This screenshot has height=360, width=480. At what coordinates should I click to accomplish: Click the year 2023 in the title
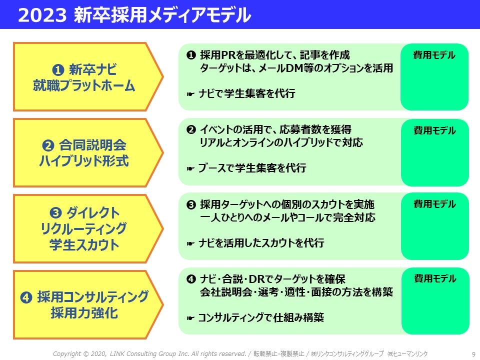42,15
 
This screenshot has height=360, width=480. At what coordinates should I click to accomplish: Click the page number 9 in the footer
473,354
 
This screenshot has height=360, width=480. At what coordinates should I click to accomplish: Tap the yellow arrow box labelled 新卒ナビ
88,77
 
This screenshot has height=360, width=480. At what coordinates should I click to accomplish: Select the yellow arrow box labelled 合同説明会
88,153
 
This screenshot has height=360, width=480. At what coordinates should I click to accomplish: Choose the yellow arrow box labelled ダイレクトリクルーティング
88,228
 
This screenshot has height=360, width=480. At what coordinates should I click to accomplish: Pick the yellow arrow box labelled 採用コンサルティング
88,304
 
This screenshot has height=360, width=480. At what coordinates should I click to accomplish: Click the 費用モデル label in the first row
434,55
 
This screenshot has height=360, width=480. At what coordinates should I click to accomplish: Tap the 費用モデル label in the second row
434,130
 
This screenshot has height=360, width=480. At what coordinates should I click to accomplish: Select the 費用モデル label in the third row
434,204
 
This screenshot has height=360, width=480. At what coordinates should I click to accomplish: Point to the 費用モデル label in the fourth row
434,278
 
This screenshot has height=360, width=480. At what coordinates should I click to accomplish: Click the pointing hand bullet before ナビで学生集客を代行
190,94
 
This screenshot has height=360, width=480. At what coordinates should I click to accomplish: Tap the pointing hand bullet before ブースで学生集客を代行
190,168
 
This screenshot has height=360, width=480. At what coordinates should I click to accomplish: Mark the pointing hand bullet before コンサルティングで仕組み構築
190,318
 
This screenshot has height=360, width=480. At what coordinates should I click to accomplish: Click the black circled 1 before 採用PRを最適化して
191,55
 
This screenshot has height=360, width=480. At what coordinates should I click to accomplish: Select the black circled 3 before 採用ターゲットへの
191,204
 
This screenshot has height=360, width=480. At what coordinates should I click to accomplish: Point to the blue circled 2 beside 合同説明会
48,145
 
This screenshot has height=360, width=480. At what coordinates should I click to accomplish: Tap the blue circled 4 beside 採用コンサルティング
26,297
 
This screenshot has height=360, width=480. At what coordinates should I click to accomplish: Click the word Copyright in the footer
67,354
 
